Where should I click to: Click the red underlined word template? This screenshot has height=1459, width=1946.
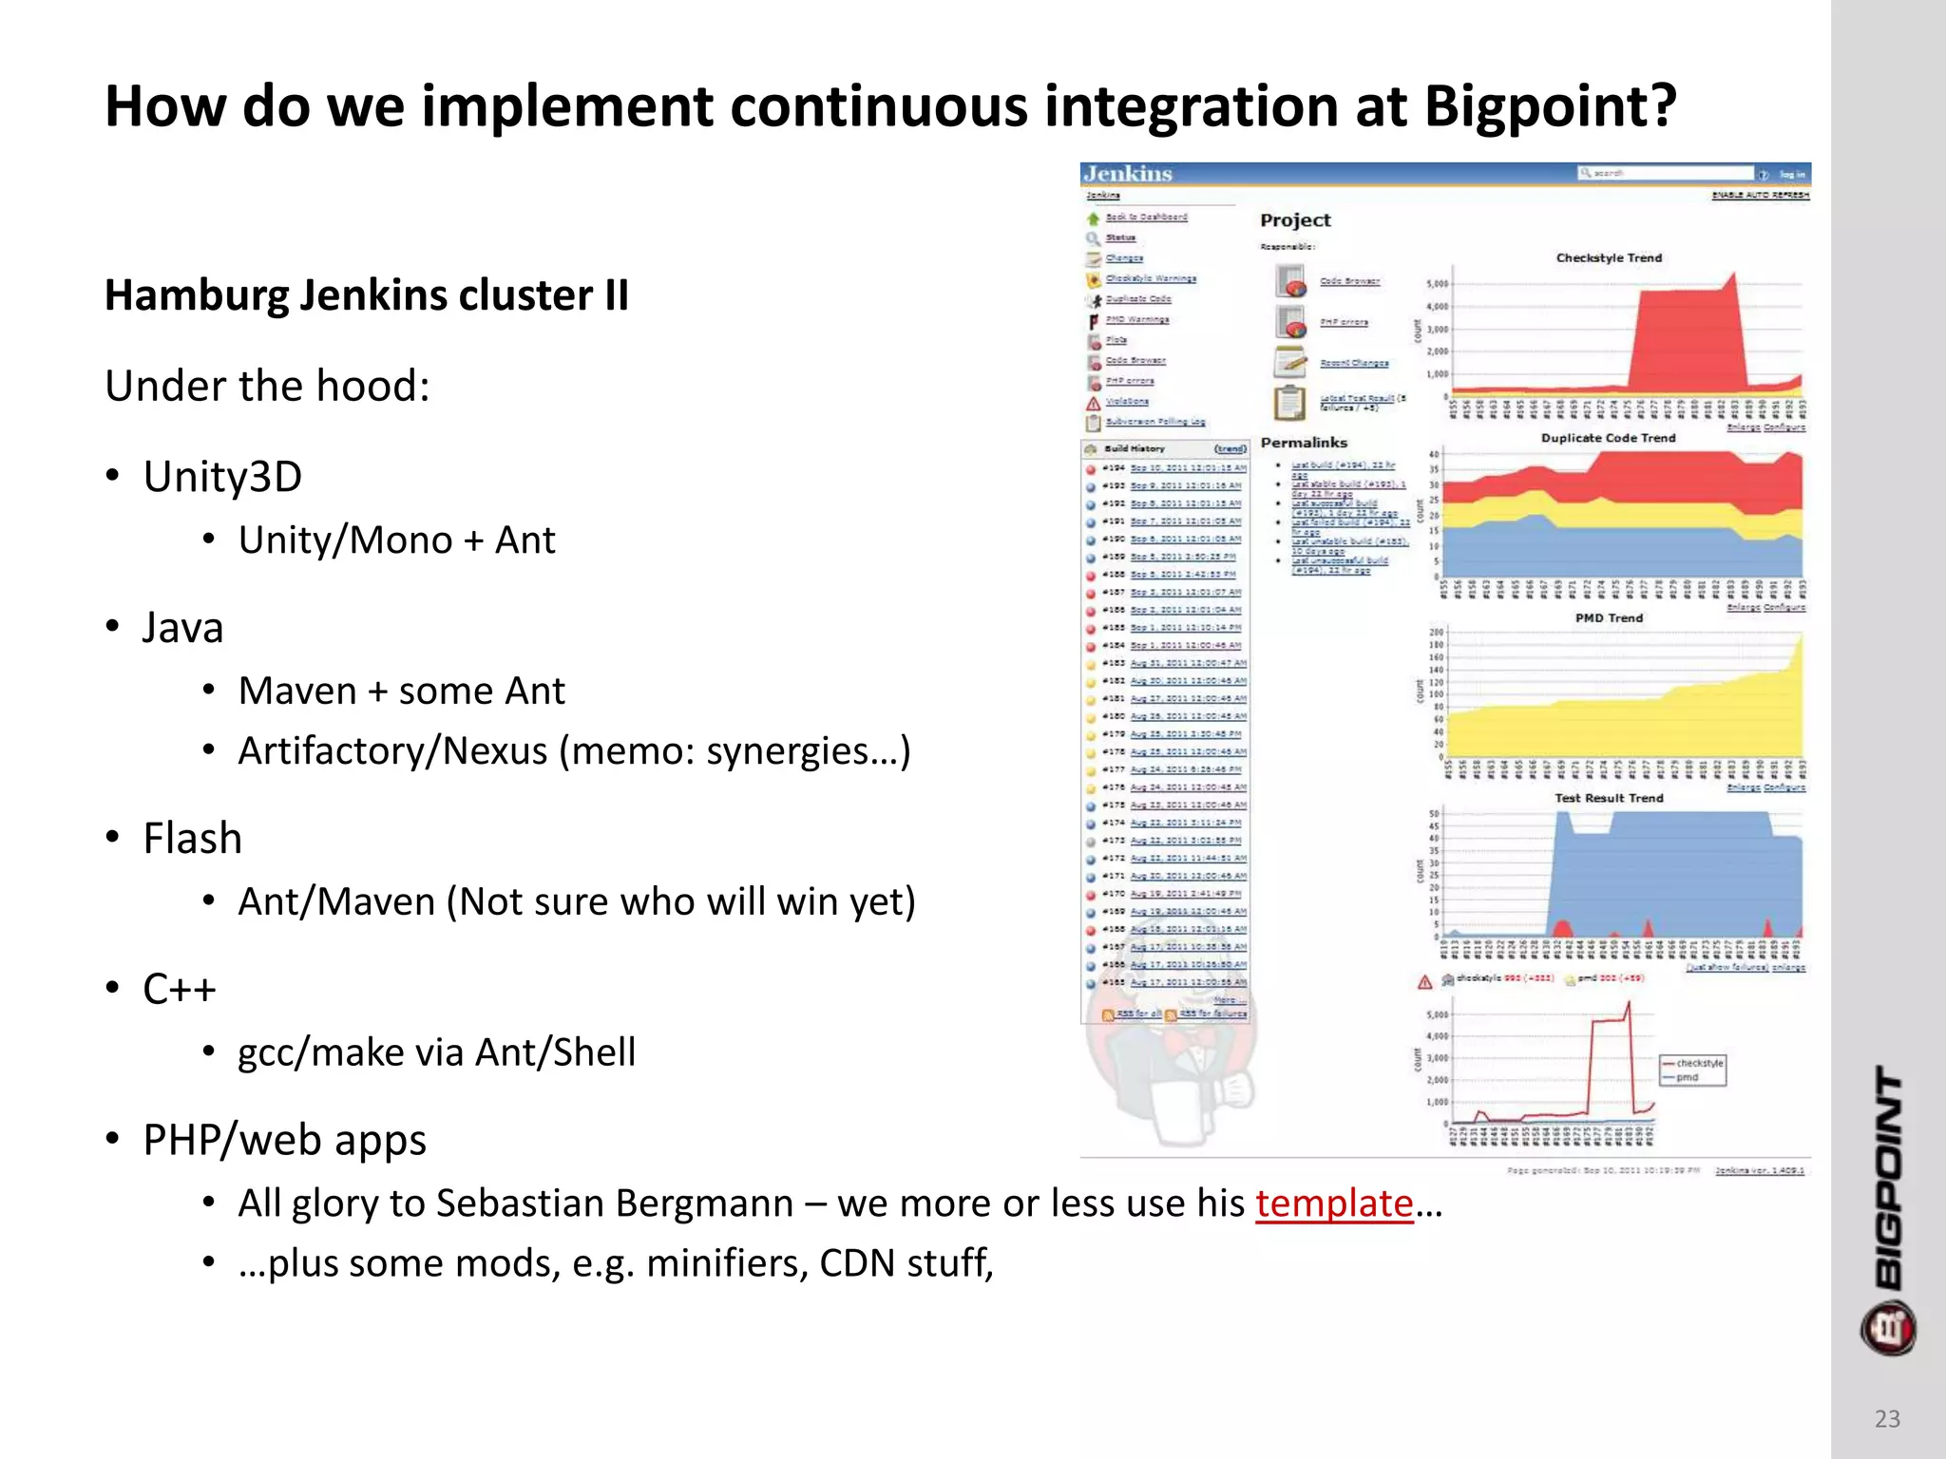tap(1333, 1203)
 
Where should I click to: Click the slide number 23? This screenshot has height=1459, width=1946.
tap(1887, 1418)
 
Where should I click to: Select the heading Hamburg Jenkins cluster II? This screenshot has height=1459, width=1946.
tap(367, 295)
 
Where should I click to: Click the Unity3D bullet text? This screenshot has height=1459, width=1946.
tap(222, 477)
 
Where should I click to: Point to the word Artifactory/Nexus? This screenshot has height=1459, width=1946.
tap(392, 751)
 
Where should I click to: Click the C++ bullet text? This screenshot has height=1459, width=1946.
tap(180, 990)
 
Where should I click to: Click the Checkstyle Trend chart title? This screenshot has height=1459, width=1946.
tap(1609, 257)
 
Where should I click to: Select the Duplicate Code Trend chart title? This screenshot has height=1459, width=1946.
tap(1608, 438)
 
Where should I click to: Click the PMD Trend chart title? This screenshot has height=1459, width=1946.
tap(1609, 617)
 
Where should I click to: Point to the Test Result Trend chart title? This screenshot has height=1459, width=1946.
tap(1609, 798)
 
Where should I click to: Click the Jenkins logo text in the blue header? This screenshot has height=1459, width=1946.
tap(1129, 174)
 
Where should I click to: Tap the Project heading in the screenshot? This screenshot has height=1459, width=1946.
tap(1295, 220)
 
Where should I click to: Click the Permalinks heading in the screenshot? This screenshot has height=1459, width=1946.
tap(1304, 443)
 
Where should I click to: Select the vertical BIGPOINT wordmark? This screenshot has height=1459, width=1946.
tap(1888, 1178)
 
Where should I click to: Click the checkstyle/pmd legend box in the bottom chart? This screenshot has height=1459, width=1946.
tap(1692, 1071)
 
